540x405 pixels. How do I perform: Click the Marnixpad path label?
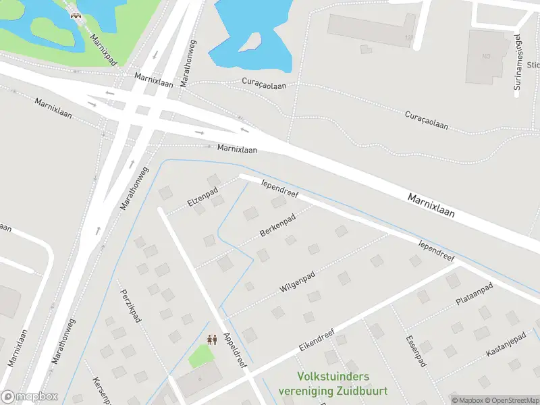pyautogui.click(x=103, y=49)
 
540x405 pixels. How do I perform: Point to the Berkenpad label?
pyautogui.click(x=277, y=227)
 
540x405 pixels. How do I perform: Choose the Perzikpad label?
pyautogui.click(x=130, y=305)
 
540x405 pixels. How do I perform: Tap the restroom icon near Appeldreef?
pyautogui.click(x=211, y=340)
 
